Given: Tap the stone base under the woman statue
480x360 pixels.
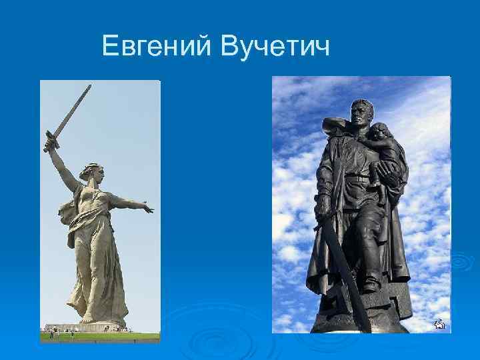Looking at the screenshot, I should click(100, 327).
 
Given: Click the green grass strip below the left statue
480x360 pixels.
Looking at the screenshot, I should click(100, 337).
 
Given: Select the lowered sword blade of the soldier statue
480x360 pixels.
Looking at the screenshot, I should click(347, 280).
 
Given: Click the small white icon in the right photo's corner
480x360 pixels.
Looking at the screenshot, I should click(439, 325).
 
